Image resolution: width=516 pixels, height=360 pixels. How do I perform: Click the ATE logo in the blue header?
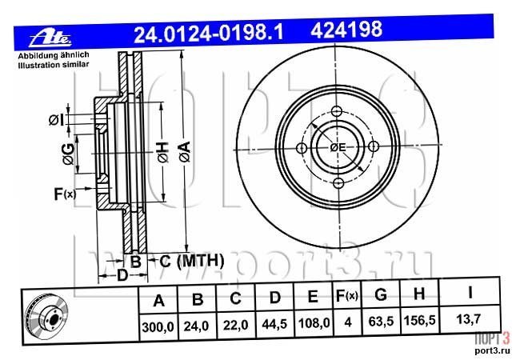pos(50,39)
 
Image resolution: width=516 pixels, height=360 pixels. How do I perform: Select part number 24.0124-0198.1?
pos(208,34)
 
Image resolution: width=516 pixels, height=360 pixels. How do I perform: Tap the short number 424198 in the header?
pos(346,30)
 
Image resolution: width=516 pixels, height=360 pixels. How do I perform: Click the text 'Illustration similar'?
pos(54,64)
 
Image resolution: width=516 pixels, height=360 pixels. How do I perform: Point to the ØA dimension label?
pos(185,152)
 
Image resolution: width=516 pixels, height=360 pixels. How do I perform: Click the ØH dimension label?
pos(163,152)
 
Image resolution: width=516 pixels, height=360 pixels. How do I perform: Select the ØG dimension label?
pos(69,154)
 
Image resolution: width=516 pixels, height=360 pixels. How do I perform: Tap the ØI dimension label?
pos(56,120)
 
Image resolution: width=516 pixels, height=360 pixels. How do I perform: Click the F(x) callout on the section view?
pos(65,194)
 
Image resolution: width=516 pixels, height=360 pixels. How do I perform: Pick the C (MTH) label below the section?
pos(192,261)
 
